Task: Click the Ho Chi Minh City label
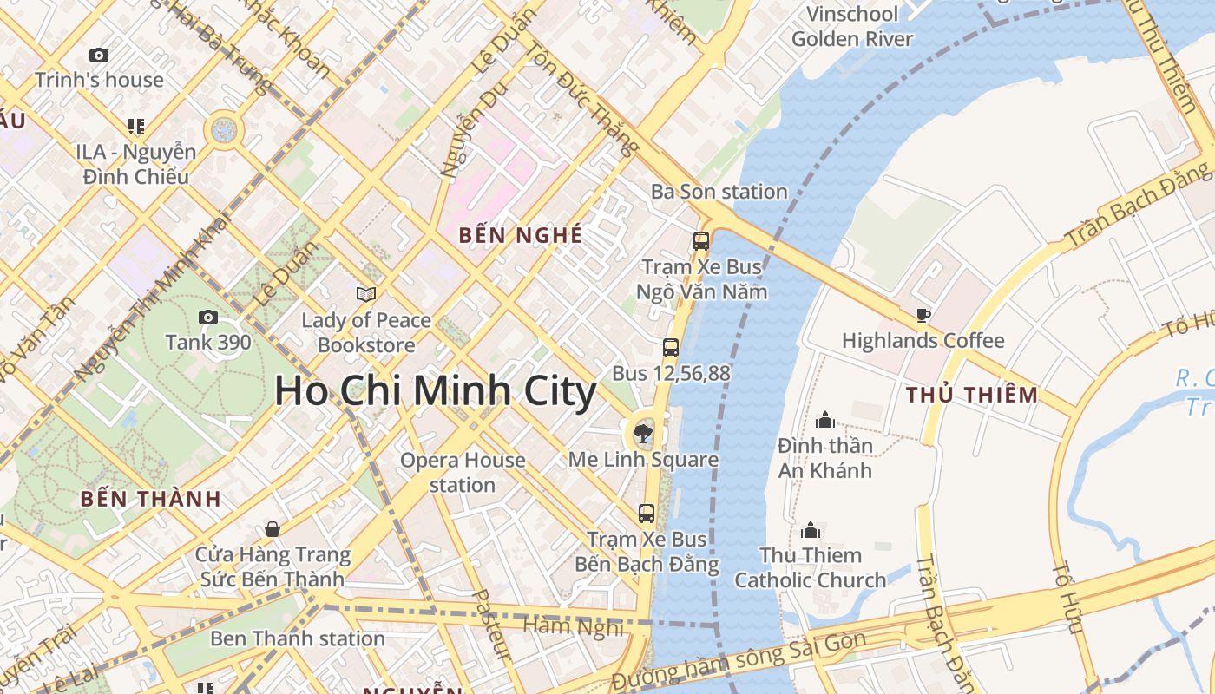436,391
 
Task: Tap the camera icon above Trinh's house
99,55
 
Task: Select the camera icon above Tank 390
208,317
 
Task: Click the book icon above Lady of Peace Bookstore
366,294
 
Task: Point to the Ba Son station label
719,192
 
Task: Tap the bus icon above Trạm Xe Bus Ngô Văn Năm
701,241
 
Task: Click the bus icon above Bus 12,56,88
671,348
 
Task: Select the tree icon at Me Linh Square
643,429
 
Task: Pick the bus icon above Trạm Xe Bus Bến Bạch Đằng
647,513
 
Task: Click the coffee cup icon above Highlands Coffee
923,315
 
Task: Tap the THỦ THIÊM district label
972,396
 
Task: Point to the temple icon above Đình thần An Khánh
824,421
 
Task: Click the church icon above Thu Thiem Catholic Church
811,529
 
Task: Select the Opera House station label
463,472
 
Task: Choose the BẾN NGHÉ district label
520,235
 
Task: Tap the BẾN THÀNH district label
151,499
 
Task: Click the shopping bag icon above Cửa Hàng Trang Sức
273,529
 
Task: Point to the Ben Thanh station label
298,639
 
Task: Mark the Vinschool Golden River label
852,26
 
